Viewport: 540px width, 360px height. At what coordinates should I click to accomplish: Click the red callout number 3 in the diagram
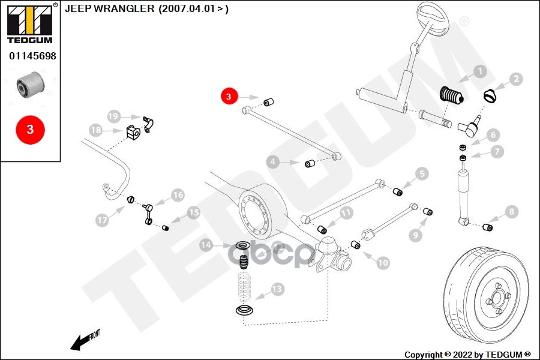(229, 96)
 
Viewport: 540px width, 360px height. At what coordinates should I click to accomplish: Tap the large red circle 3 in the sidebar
(29, 129)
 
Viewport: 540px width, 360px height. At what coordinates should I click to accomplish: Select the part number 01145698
(32, 56)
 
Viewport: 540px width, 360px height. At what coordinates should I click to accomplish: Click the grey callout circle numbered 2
(517, 79)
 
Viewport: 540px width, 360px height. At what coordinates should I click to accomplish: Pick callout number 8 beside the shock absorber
(511, 211)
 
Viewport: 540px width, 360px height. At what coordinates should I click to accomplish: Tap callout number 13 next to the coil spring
(277, 290)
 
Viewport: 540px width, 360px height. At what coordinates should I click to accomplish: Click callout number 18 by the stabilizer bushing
(96, 130)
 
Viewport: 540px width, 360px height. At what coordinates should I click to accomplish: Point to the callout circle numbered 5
(422, 174)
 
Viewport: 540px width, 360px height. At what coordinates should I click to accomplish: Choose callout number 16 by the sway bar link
(178, 194)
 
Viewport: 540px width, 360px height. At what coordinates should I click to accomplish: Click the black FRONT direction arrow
(81, 340)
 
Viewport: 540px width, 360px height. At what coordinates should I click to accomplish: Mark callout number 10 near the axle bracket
(382, 262)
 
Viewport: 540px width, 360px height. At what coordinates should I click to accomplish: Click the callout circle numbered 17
(102, 221)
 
